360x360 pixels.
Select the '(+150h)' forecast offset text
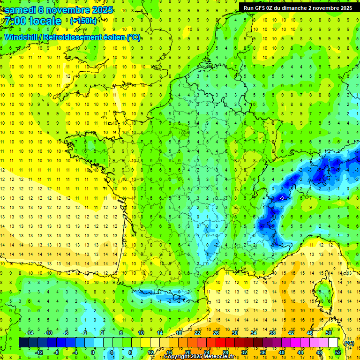pyautogui.click(x=83, y=21)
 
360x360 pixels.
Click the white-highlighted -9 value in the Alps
pyautogui.click(x=282, y=199)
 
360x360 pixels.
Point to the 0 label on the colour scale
pyautogui.click(x=92, y=352)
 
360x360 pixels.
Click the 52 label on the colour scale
pyautogui.click(x=338, y=352)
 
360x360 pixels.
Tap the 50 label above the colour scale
pyautogui.click(x=329, y=332)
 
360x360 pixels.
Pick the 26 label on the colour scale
pyautogui.click(x=216, y=332)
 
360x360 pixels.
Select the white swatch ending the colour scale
pyautogui.click(x=333, y=343)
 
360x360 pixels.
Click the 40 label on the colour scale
pyautogui.click(x=282, y=352)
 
